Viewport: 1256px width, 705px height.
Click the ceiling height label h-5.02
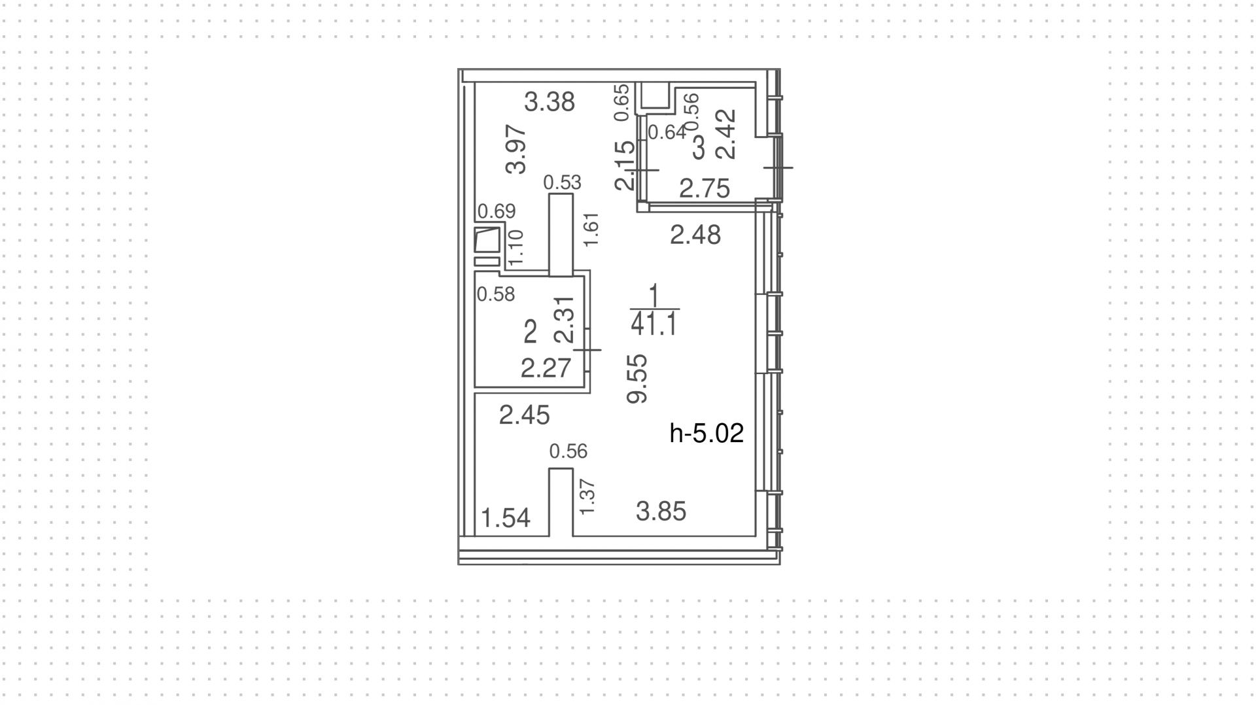click(706, 434)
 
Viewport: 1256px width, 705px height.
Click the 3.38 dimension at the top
click(549, 102)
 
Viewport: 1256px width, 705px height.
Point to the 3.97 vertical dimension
click(517, 149)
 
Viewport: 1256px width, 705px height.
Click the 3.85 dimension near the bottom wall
click(661, 511)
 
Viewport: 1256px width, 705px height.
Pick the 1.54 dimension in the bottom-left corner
click(506, 518)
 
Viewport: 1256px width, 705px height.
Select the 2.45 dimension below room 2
click(524, 415)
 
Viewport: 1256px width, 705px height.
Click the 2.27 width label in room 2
click(546, 368)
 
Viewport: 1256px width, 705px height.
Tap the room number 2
click(531, 333)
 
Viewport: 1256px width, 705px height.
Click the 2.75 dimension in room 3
click(704, 189)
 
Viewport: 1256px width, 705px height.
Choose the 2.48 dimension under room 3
click(695, 235)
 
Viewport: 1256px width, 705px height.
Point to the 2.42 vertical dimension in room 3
click(726, 134)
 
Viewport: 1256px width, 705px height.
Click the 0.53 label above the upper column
click(562, 182)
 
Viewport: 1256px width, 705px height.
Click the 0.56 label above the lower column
click(568, 451)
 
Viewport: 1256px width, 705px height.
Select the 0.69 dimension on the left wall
click(496, 211)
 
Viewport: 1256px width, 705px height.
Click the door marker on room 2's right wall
click(588, 350)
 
